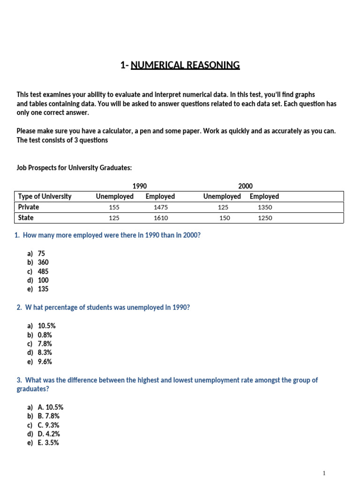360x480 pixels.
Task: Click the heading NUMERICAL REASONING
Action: (x=185, y=65)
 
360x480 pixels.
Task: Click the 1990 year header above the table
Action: (x=140, y=186)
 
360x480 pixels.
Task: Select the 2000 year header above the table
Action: (x=245, y=186)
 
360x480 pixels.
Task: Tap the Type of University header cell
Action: (x=45, y=196)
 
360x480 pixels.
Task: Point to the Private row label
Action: (x=29, y=207)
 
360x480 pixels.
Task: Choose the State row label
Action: (x=26, y=218)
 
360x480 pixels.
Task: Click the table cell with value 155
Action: (x=114, y=207)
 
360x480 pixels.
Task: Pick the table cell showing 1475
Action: (x=160, y=207)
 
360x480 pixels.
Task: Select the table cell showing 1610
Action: (x=160, y=218)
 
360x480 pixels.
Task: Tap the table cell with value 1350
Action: (x=264, y=207)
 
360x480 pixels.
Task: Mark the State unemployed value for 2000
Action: (x=225, y=218)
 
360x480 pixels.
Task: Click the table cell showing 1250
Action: (x=264, y=218)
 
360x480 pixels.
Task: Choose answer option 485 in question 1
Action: (x=43, y=271)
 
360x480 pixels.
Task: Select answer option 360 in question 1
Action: (x=43, y=262)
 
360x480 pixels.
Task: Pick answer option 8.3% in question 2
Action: (x=45, y=352)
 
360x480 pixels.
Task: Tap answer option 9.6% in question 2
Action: (x=45, y=362)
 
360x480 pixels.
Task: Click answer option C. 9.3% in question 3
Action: (x=48, y=425)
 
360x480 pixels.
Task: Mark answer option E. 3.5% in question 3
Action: (x=48, y=443)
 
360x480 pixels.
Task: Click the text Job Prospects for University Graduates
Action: (x=71, y=168)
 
